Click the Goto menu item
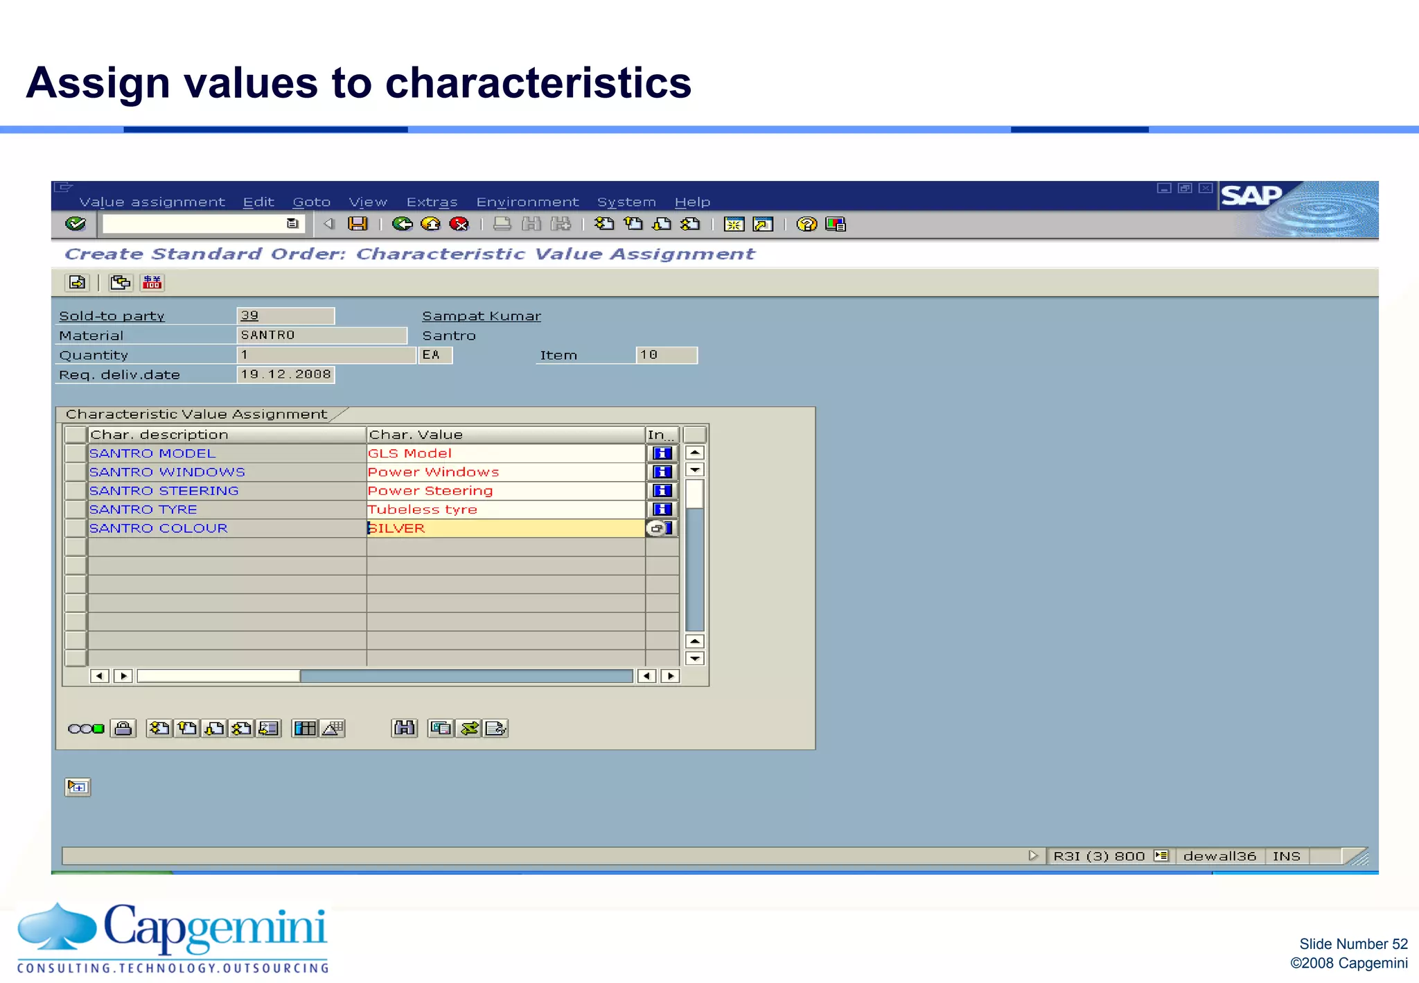point(311,202)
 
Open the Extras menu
point(432,202)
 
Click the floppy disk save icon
point(358,224)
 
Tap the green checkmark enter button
point(76,224)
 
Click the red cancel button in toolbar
point(459,224)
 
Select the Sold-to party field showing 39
point(285,316)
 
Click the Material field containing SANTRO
point(321,336)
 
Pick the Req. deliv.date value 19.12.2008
point(285,374)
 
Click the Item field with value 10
point(666,355)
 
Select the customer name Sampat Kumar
point(482,316)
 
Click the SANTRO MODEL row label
point(152,453)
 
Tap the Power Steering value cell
point(504,491)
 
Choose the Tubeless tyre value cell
point(504,510)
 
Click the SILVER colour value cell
point(504,528)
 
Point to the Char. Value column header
point(504,435)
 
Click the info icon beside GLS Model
point(662,453)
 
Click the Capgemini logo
point(173,937)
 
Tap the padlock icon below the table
point(123,729)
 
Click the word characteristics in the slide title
point(538,83)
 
